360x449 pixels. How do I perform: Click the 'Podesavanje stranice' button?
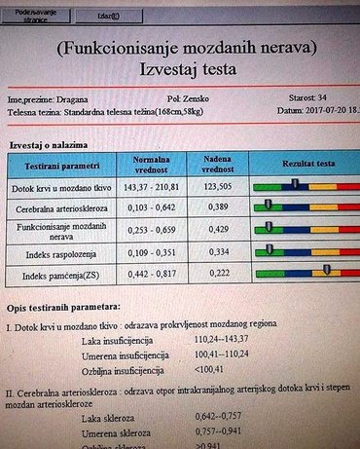coord(28,14)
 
